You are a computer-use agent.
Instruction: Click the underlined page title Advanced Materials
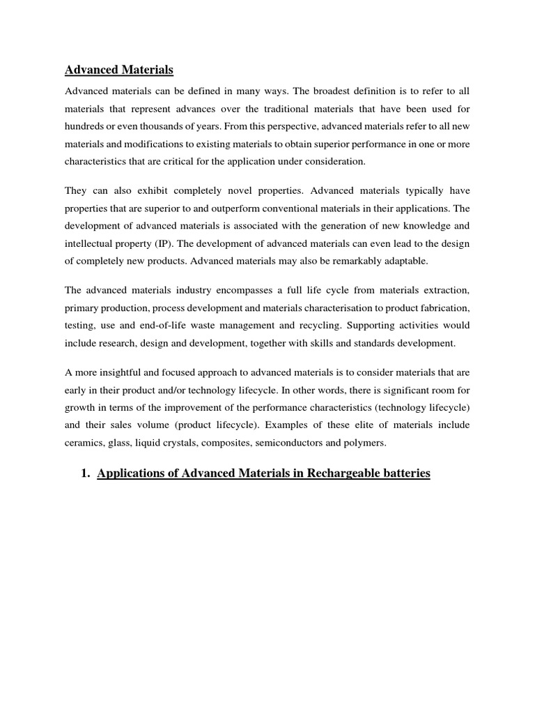coord(119,70)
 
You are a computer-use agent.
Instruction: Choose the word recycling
coord(319,325)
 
